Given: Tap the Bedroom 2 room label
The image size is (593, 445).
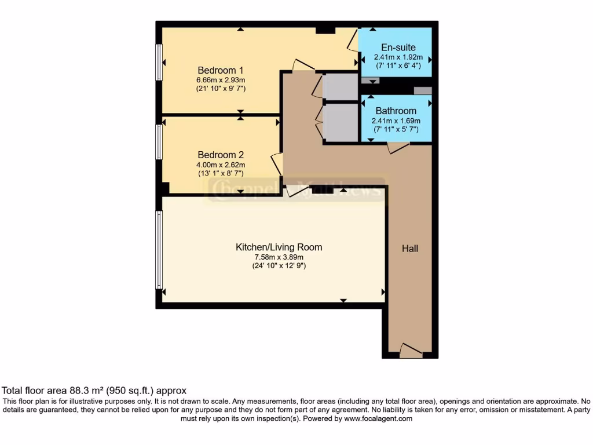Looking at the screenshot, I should point(221,155).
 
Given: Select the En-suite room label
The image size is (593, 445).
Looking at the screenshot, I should point(398,48).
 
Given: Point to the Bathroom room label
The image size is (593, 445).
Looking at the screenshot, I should point(396,111).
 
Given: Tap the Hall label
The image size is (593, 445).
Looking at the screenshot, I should point(410,249).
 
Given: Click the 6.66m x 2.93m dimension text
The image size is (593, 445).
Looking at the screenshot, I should point(221,80).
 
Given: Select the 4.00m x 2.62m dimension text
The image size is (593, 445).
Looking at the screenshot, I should point(221,165).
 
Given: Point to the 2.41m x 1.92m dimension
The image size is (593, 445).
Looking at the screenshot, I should point(398,57).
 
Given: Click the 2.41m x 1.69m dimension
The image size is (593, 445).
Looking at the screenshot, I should point(396,121).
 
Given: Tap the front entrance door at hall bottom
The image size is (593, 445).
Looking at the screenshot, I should point(411,351).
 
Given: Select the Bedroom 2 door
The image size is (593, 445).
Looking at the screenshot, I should point(277,165).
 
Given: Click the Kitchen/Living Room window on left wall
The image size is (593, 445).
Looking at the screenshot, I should point(159,250).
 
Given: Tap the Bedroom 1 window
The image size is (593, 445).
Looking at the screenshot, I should point(159,63).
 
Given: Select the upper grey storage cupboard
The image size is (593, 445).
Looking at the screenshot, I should point(341,87).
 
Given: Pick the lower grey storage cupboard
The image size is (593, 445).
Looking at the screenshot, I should point(341,122).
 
